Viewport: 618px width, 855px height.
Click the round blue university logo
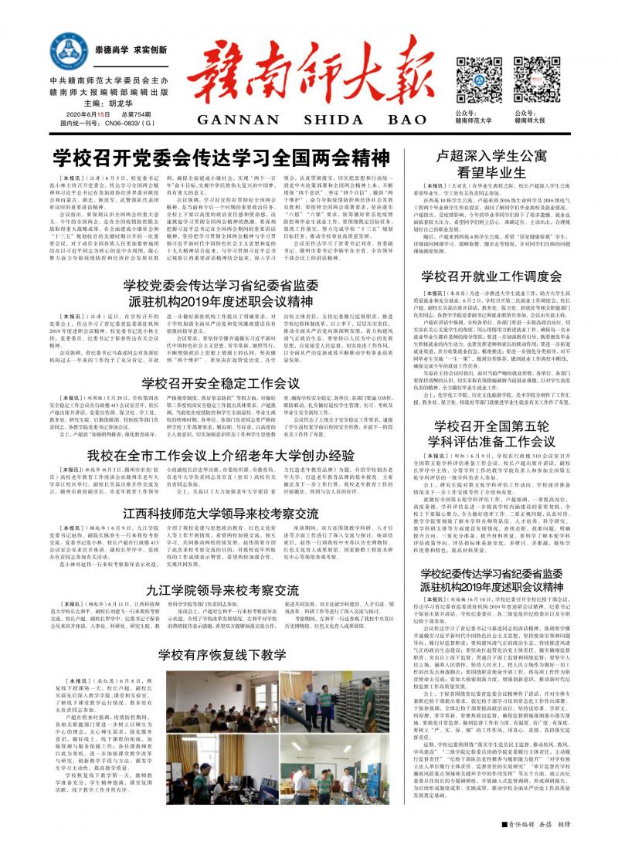68,52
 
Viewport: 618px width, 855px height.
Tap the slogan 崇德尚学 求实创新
131,50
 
